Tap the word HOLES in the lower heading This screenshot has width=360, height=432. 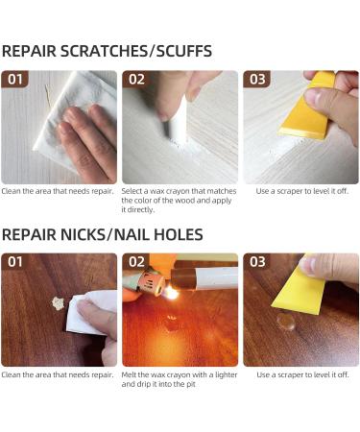point(179,234)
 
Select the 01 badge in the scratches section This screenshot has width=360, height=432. point(15,79)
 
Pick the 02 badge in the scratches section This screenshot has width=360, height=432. point(136,79)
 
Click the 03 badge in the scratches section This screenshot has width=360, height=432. point(257,79)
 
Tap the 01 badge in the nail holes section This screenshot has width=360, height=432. point(15,262)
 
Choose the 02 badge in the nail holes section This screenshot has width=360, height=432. point(136,262)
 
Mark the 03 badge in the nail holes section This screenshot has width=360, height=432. point(257,262)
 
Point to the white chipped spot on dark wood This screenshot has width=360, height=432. point(58,303)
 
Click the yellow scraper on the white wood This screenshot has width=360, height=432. point(306,108)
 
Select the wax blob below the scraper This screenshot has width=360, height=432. point(286,322)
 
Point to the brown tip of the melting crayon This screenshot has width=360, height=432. point(183,279)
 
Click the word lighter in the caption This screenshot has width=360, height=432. point(227,374)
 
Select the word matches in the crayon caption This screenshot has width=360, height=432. point(222,191)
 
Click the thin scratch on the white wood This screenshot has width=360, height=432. point(47,95)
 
